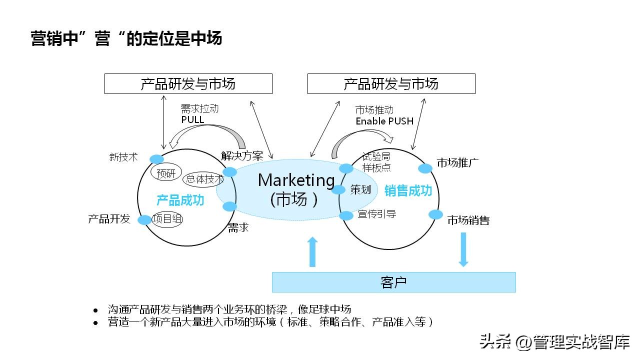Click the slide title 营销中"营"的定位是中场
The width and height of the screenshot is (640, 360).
(x=126, y=38)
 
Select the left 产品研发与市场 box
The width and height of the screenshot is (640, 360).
(x=188, y=83)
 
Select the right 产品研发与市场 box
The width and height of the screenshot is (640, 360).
(x=391, y=83)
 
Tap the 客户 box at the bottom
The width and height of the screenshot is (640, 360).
(x=393, y=282)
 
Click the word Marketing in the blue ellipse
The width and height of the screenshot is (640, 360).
(x=296, y=180)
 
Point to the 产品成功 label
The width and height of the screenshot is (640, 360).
(x=180, y=200)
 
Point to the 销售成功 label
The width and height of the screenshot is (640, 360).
(x=408, y=190)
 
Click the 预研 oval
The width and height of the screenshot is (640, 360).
(x=166, y=173)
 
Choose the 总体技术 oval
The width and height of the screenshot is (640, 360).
(x=204, y=179)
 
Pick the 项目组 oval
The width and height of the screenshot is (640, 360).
(x=167, y=219)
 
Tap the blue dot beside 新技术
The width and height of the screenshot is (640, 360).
(x=156, y=159)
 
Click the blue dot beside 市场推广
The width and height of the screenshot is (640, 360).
(x=425, y=168)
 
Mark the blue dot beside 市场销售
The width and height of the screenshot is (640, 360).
(x=435, y=214)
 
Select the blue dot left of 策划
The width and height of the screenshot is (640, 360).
(x=338, y=189)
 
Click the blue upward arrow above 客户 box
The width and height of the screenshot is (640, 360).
(x=312, y=252)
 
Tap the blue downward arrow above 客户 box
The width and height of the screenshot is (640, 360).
(x=463, y=249)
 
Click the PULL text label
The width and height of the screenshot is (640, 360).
(x=192, y=119)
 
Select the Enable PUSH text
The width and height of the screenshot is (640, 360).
(x=384, y=121)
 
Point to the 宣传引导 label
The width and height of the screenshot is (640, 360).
(x=377, y=214)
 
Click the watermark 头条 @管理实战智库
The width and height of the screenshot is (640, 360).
(x=554, y=342)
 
